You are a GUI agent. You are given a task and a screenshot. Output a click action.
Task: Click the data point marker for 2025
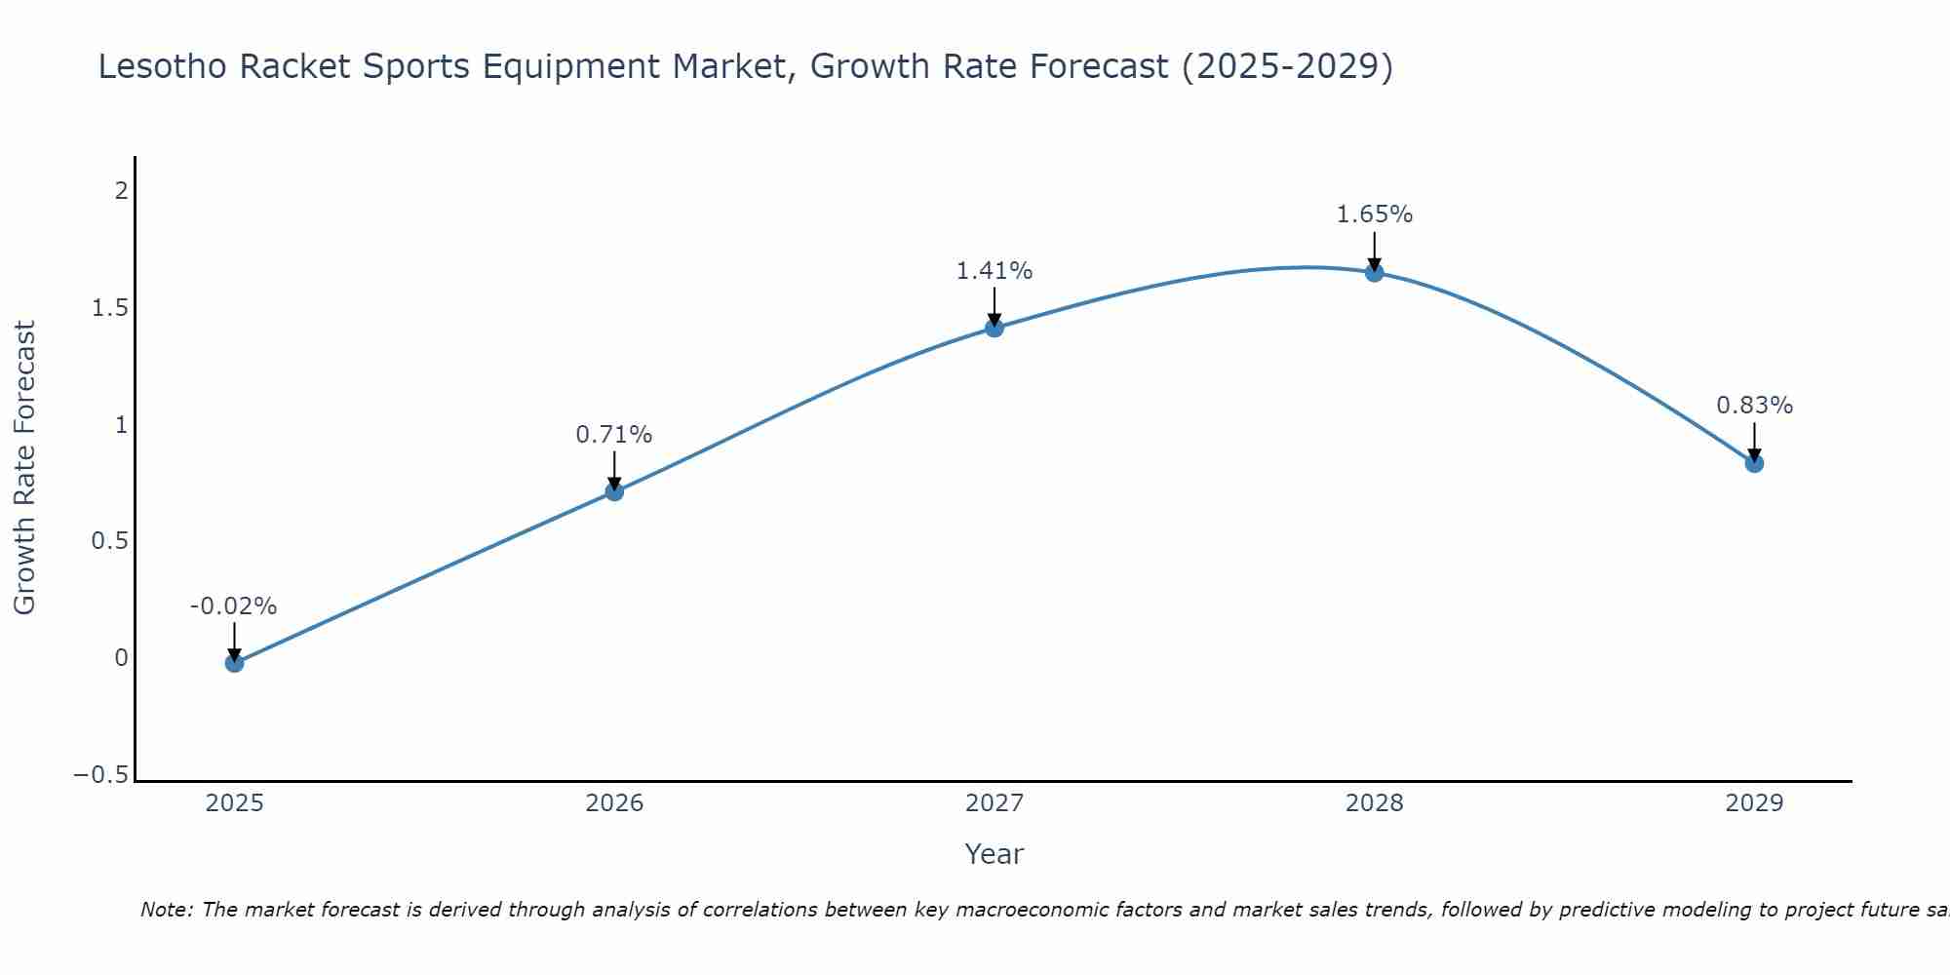pos(234,663)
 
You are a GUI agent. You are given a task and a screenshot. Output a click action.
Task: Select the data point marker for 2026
pos(614,491)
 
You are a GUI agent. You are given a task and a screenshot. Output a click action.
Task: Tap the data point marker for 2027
pos(994,328)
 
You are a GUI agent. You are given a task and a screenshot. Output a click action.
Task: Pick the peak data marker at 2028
pos(1374,272)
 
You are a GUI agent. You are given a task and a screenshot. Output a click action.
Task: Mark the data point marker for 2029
pos(1754,463)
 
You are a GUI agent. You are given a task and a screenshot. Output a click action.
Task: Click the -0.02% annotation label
pos(233,606)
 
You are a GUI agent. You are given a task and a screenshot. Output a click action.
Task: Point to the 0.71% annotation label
pos(613,435)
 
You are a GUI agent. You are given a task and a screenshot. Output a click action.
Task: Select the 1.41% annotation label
pos(994,271)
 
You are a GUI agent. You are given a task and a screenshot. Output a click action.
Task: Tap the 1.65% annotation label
pos(1374,214)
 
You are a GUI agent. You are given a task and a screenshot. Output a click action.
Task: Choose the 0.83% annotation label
pos(1754,406)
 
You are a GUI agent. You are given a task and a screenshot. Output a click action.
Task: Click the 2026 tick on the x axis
pos(614,803)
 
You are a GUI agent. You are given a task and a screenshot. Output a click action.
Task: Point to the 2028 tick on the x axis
pos(1374,803)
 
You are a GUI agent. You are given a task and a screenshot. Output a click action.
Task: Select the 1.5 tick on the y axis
pos(110,308)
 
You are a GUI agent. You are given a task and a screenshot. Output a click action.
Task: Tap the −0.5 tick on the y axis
pos(100,775)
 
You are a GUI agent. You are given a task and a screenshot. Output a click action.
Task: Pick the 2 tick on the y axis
pos(121,191)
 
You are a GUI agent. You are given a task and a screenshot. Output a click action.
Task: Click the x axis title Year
pos(994,854)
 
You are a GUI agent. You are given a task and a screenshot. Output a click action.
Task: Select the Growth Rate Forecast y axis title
pos(24,468)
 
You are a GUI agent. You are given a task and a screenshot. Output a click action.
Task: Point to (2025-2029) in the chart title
pos(1287,67)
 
